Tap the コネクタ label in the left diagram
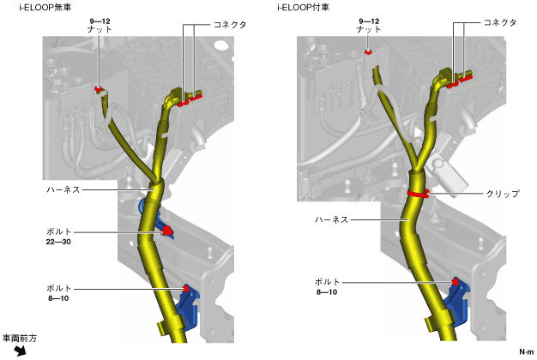pos(229,26)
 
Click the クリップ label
pos(502,195)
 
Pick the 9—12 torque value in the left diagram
pos(101,18)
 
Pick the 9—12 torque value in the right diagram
pos(369,18)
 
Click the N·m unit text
pos(525,351)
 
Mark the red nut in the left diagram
pos(99,88)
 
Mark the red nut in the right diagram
pos(368,52)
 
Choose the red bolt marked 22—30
pos(167,230)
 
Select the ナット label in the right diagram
pos(369,29)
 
